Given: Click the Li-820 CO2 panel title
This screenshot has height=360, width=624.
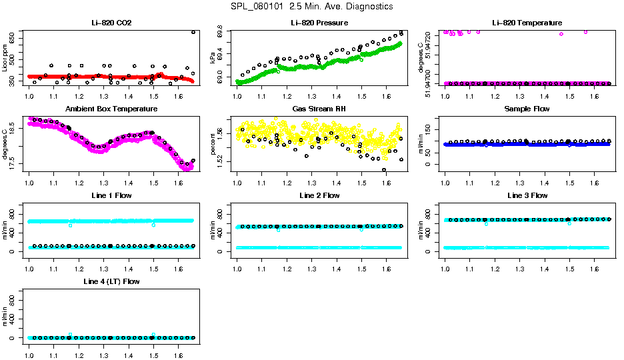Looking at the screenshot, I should [111, 23].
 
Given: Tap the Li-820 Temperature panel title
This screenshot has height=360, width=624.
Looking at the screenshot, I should [527, 23].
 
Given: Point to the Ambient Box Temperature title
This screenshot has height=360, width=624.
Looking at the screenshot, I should [111, 109].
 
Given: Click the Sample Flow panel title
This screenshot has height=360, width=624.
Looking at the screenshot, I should [527, 109].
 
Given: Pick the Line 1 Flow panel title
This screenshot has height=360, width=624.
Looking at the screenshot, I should [111, 195].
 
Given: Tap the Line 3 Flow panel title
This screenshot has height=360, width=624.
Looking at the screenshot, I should [527, 195].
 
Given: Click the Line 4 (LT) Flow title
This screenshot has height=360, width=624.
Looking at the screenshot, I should [111, 281].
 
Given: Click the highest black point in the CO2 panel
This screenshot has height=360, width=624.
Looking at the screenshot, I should [193, 32].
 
